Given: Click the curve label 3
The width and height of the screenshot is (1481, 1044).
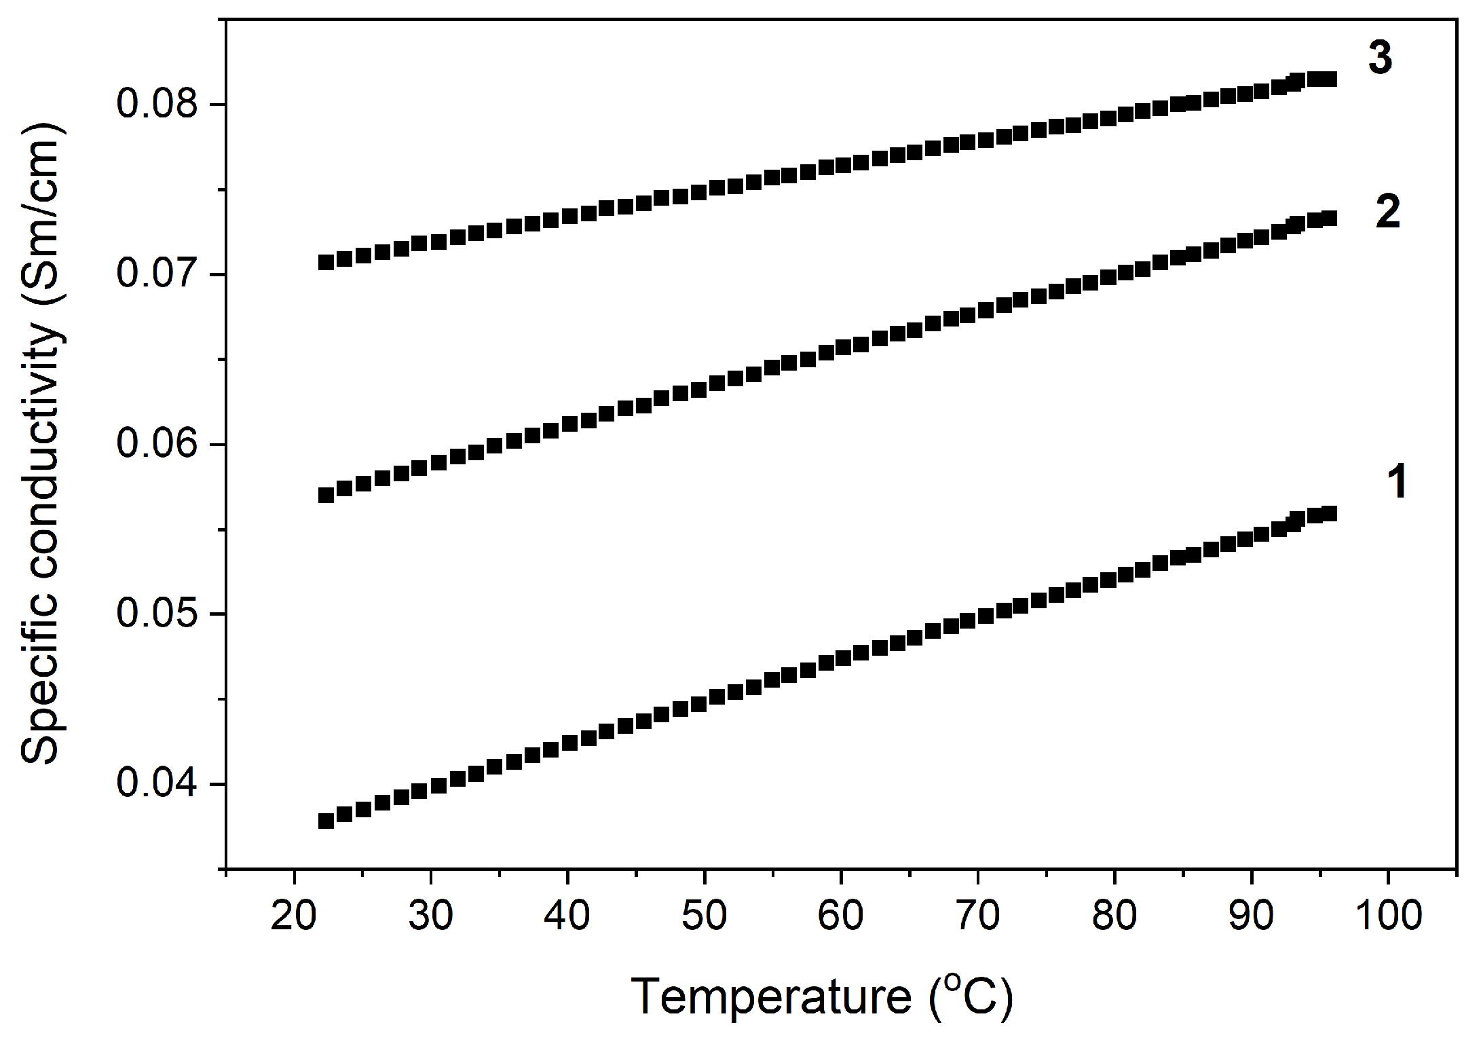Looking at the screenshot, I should pos(1380,58).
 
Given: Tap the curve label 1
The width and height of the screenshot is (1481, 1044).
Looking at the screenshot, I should pos(1396,482).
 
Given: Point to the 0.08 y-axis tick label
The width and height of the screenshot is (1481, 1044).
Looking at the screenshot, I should pos(157,104).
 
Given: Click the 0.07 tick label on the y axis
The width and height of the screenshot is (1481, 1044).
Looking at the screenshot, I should pos(157,274).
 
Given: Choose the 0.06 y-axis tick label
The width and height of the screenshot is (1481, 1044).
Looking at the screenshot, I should pos(157,444).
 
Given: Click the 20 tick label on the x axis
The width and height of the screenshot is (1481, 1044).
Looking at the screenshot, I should pos(293,915).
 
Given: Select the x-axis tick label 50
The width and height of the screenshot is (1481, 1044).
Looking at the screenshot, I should pos(704,915).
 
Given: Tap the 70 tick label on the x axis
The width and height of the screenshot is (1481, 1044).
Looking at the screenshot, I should pos(977,915).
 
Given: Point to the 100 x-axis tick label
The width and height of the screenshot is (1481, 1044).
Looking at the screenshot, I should pos(1388,915).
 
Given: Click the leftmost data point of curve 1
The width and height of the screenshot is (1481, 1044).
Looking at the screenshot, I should pos(326,821).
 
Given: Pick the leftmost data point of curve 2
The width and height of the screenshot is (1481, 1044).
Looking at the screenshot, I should pos(326,495).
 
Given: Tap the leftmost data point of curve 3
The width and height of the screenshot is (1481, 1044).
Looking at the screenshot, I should pos(326,262).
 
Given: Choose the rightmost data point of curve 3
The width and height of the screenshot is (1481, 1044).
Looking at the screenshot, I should pos(1329,79).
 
